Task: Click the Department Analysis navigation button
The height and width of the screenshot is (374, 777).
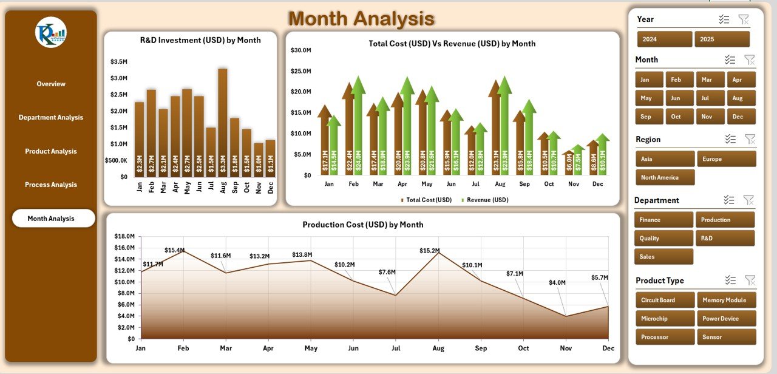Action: click(x=51, y=117)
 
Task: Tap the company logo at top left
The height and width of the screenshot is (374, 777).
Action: click(x=51, y=33)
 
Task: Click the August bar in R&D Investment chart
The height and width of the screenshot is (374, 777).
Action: click(x=223, y=121)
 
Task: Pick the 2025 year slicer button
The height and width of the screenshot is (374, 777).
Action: click(x=722, y=39)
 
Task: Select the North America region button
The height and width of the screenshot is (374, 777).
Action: click(x=665, y=177)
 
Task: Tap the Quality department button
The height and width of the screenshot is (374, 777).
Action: click(x=663, y=238)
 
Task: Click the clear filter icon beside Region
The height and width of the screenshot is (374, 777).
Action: click(x=750, y=139)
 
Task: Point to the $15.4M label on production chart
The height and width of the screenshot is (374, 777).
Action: click(x=175, y=250)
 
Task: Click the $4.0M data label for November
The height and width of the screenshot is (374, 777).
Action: click(x=557, y=282)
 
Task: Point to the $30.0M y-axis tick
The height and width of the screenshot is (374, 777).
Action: click(x=301, y=50)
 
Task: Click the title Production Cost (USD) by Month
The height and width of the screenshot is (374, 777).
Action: click(x=363, y=225)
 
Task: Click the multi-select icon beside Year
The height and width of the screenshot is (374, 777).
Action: click(x=724, y=19)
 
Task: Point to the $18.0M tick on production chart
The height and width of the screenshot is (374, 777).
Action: click(x=124, y=236)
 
